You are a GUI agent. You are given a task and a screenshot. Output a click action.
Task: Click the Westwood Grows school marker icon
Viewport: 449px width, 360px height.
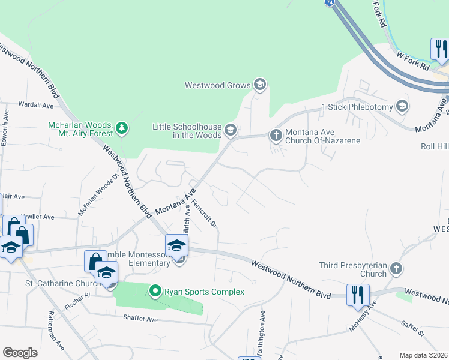pyautogui.click(x=260, y=85)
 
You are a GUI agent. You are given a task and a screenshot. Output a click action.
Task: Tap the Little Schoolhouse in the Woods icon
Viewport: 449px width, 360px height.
pyautogui.click(x=230, y=130)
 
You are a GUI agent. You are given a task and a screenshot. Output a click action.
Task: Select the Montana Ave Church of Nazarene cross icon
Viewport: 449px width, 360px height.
pyautogui.click(x=276, y=134)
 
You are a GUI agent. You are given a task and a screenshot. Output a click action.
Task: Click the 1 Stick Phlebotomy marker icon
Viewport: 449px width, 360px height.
pyautogui.click(x=402, y=107)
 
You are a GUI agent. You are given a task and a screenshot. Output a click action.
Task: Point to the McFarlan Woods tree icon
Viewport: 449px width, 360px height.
pyautogui.click(x=122, y=127)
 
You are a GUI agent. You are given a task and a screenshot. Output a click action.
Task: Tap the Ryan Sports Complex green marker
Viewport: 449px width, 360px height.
pyautogui.click(x=155, y=292)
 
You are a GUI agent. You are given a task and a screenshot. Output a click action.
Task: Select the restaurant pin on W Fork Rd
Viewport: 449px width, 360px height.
pyautogui.click(x=439, y=49)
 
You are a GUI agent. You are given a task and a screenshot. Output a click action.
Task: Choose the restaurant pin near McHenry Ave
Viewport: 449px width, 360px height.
pyautogui.click(x=358, y=295)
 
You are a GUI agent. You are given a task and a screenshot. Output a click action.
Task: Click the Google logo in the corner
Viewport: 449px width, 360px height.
pyautogui.click(x=20, y=353)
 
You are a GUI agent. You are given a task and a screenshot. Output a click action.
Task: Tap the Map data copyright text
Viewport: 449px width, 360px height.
pyautogui.click(x=424, y=355)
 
